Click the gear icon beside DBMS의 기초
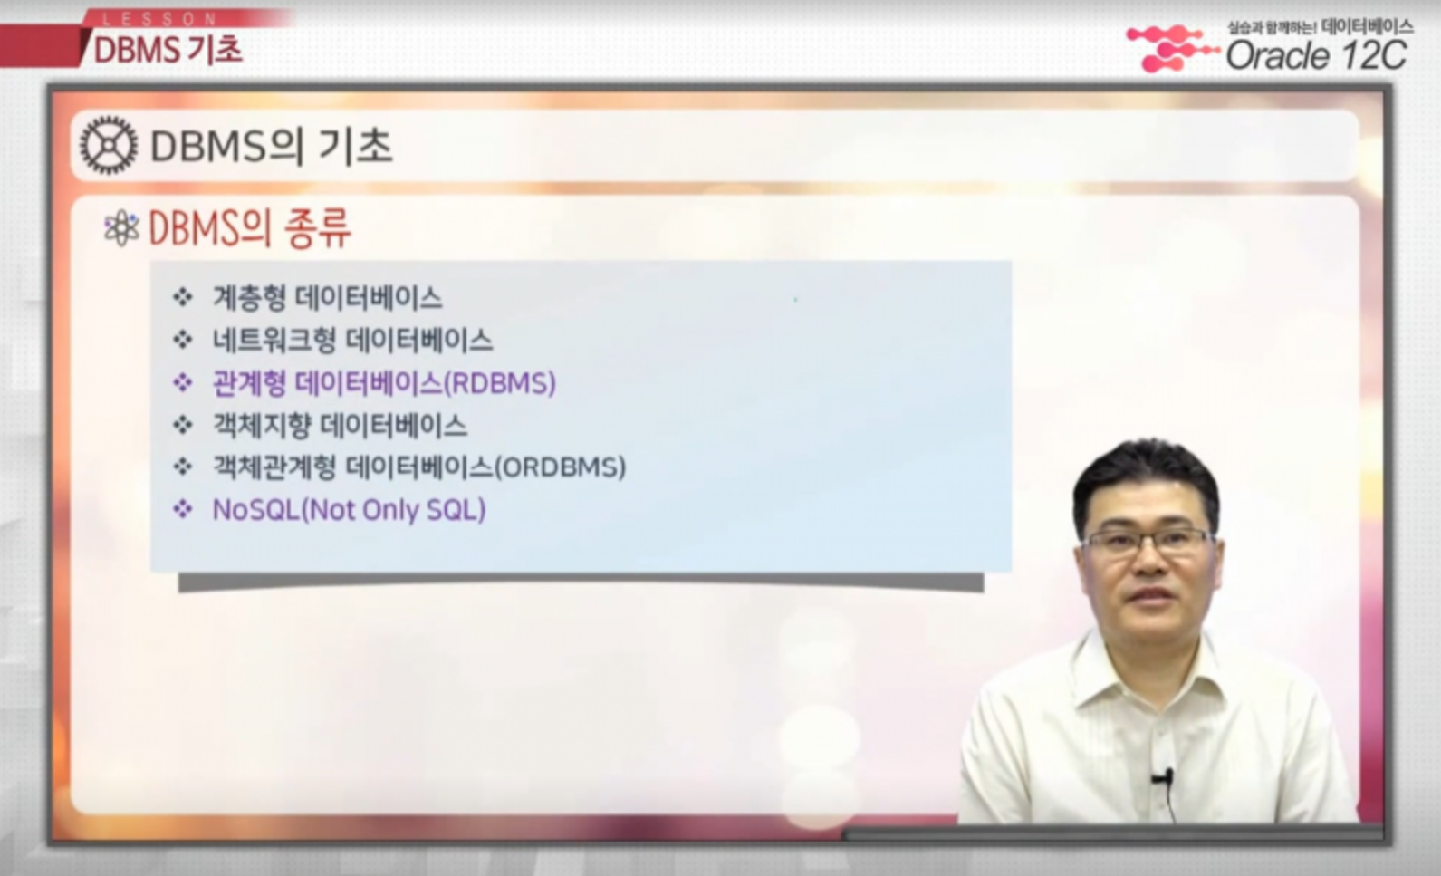point(109,146)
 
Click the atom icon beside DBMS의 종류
point(121,229)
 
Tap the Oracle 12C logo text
point(1316,55)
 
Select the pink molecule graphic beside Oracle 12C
point(1172,48)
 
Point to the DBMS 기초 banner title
point(168,50)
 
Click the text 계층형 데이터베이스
point(328,298)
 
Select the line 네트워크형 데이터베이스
point(352,341)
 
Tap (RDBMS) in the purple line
point(500,383)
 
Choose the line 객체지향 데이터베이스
point(340,426)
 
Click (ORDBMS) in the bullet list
point(560,467)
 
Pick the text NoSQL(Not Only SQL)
point(350,510)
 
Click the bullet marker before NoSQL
point(183,510)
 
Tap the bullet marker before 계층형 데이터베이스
point(183,297)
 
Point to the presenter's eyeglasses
point(1149,542)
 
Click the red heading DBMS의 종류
point(250,228)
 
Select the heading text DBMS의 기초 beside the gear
point(271,146)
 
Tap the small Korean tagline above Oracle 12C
point(1321,27)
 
